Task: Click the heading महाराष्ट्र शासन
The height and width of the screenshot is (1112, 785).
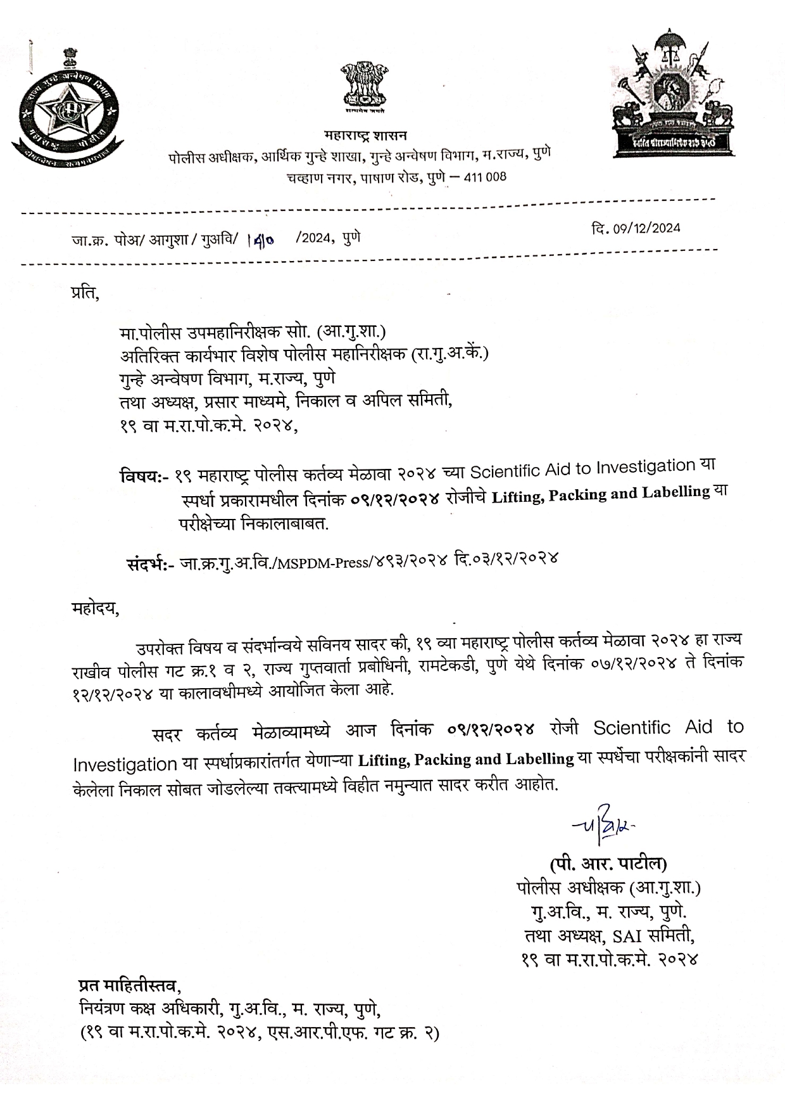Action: (x=365, y=135)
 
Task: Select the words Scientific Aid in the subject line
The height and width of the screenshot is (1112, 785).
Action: (x=518, y=470)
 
